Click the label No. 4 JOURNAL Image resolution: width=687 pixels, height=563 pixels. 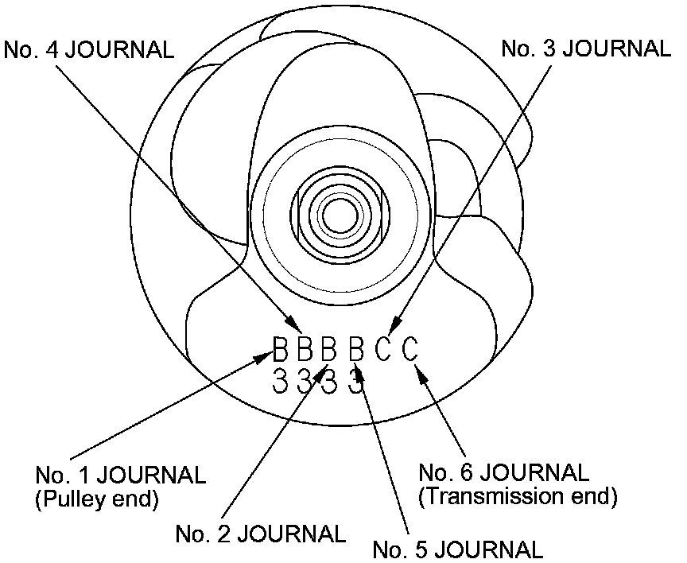coord(89,49)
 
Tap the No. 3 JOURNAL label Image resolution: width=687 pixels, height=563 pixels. coord(586,49)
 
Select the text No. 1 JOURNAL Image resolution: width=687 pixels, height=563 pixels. coord(120,476)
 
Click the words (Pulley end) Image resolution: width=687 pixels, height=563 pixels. coord(96,500)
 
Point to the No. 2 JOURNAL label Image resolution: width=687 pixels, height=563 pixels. coord(261,533)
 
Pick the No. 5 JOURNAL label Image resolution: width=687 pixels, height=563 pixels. coord(458,549)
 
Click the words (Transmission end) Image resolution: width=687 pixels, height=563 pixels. coord(518,497)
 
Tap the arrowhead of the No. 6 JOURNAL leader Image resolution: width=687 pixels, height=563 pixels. coord(421,368)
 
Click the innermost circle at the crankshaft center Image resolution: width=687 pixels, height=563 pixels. coord(343,213)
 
